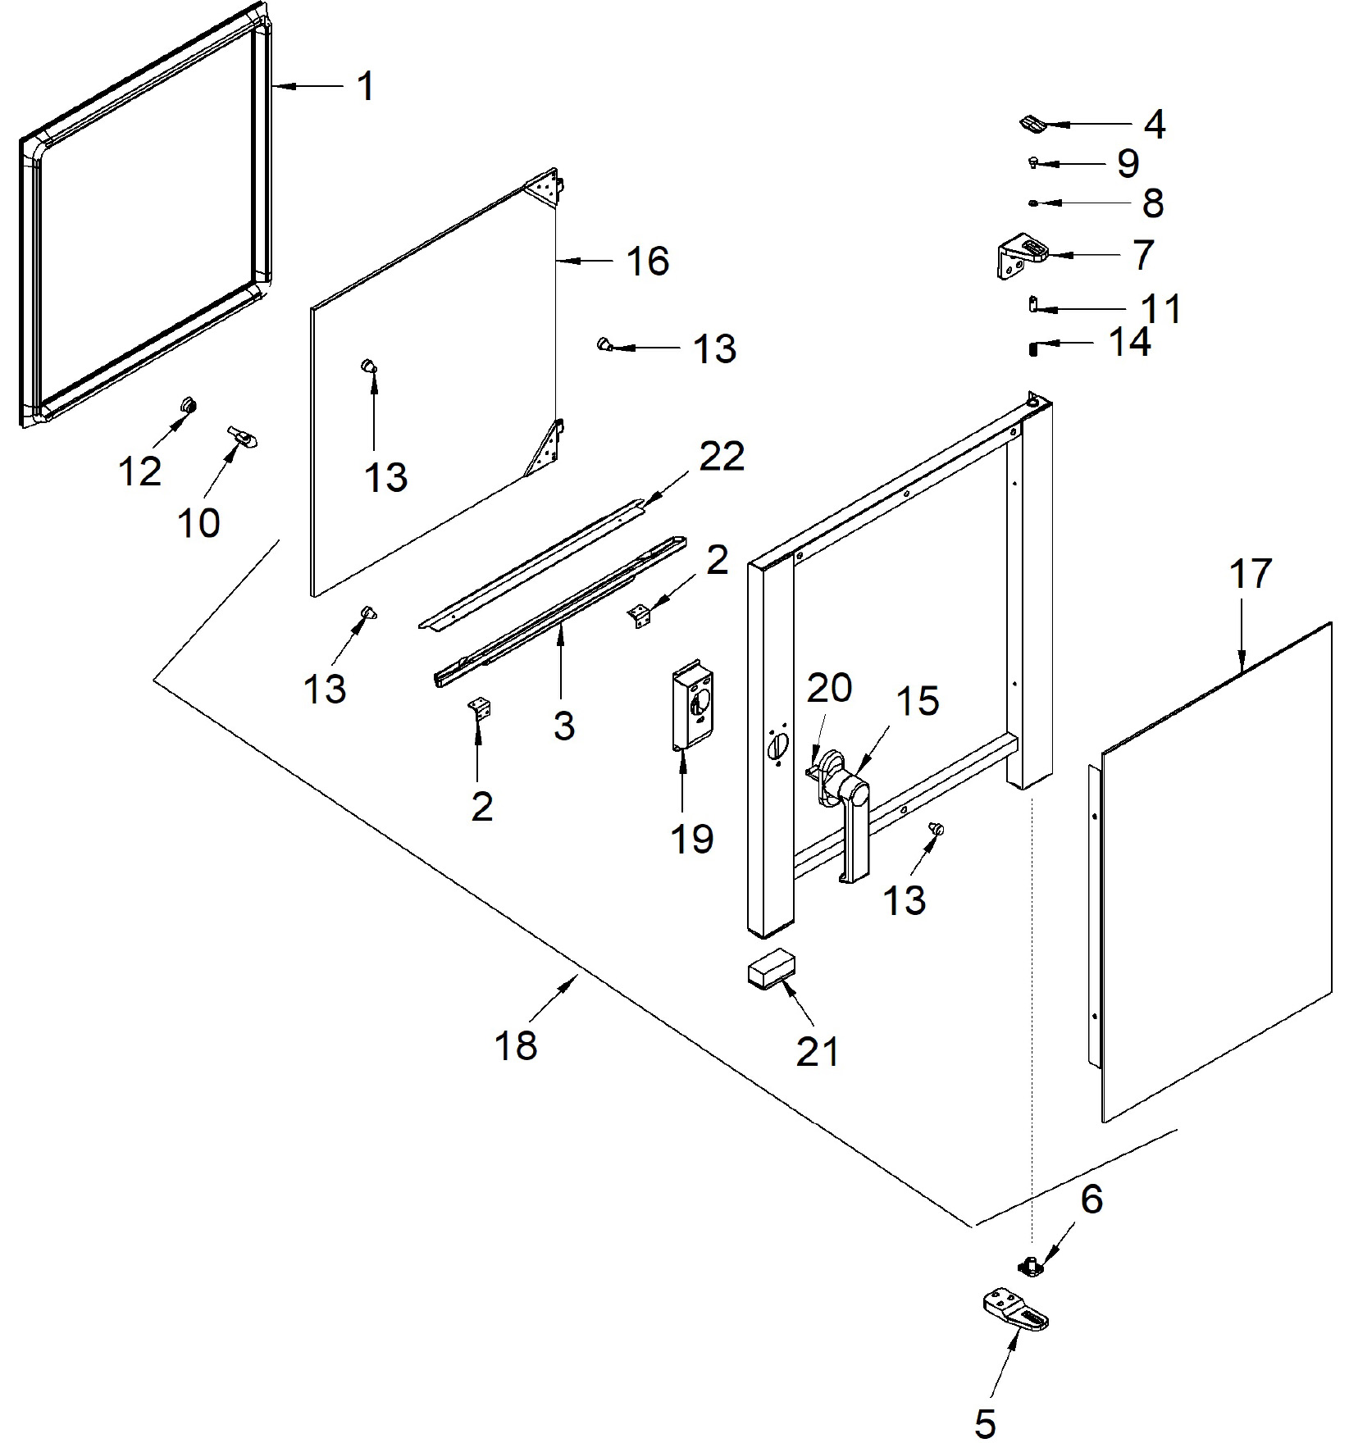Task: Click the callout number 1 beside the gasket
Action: pyautogui.click(x=366, y=86)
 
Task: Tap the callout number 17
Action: pyautogui.click(x=1250, y=574)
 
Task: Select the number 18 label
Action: pyautogui.click(x=516, y=1046)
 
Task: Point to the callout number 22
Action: pyautogui.click(x=722, y=456)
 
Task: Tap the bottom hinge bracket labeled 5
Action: pyautogui.click(x=1015, y=1312)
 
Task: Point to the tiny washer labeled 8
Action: pyautogui.click(x=1032, y=203)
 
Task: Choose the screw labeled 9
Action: pyautogui.click(x=1033, y=163)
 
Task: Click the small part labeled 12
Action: pyautogui.click(x=189, y=404)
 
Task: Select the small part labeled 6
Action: pyautogui.click(x=1028, y=1266)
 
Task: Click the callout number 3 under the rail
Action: pyautogui.click(x=563, y=726)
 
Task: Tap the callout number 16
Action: pyautogui.click(x=648, y=261)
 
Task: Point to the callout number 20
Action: pyautogui.click(x=829, y=688)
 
